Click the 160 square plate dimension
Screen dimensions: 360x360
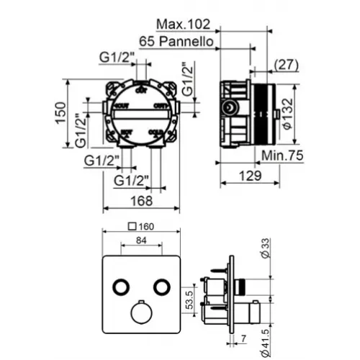150,225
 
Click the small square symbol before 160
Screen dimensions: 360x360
131,225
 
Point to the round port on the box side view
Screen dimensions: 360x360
230,110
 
